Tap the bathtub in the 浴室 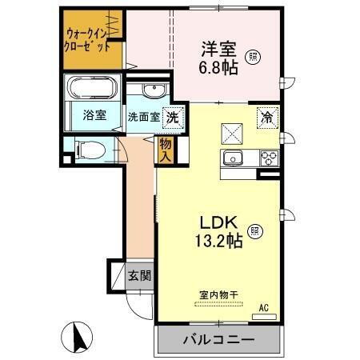pyautogui.click(x=93, y=87)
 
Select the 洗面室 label pyautogui.click(x=144, y=117)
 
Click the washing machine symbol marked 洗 pyautogui.click(x=172, y=117)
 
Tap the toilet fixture pyautogui.click(x=89, y=148)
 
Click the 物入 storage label pyautogui.click(x=165, y=150)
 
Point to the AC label pyautogui.click(x=263, y=306)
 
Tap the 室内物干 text pyautogui.click(x=218, y=294)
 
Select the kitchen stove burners pyautogui.click(x=269, y=157)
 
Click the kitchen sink pyautogui.click(x=234, y=157)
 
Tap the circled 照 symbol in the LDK pyautogui.click(x=254, y=231)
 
